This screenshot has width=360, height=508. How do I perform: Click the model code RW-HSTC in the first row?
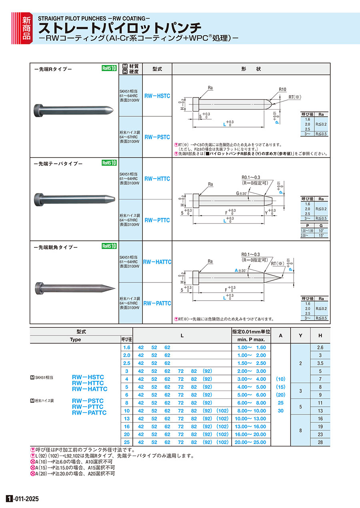pyautogui.click(x=157, y=96)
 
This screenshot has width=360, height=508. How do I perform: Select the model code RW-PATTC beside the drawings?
pyautogui.click(x=157, y=303)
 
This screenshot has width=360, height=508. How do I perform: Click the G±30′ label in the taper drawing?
pyautogui.click(x=242, y=193)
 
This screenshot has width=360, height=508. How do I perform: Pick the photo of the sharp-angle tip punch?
pyautogui.click(x=75, y=287)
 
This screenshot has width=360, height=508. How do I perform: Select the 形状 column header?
pyautogui.click(x=251, y=69)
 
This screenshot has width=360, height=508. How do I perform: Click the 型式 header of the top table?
pyautogui.click(x=157, y=69)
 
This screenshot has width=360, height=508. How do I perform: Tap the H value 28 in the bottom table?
pyautogui.click(x=320, y=442)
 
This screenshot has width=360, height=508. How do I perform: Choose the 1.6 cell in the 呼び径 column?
pyautogui.click(x=127, y=347)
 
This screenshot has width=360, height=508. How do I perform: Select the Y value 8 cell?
pyautogui.click(x=300, y=431)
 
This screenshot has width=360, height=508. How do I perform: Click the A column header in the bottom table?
pyautogui.click(x=280, y=336)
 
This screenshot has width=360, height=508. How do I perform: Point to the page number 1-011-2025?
pyautogui.click(x=22, y=499)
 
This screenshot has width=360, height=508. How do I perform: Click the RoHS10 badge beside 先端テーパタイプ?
pyautogui.click(x=109, y=163)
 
